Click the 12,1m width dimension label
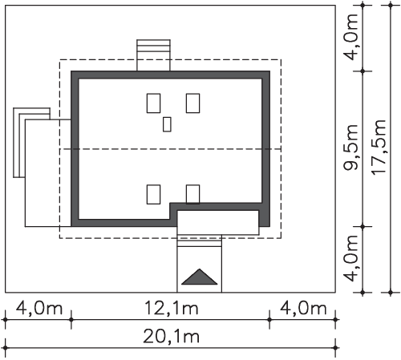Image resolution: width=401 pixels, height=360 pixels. point(172,308)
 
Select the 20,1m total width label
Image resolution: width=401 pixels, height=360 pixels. point(172,336)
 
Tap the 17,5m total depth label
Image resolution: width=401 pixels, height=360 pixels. point(379,148)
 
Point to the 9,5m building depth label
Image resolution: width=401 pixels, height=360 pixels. point(350,148)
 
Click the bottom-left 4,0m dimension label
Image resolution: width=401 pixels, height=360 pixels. point(39,308)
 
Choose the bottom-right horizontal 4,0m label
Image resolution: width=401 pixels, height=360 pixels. point(303,308)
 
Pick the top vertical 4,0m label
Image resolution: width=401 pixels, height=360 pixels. point(350,37)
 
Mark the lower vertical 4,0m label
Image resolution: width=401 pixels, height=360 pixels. point(350,258)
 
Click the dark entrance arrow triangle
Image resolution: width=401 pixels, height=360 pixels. point(200,277)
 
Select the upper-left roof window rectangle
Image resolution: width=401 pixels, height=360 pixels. point(153,103)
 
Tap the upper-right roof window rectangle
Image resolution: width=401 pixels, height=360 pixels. point(192,103)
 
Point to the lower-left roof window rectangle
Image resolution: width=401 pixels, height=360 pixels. point(153,194)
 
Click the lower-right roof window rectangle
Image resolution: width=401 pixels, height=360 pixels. point(192,194)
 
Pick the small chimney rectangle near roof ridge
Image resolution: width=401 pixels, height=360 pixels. point(167,124)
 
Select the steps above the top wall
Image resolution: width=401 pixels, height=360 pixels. point(153,55)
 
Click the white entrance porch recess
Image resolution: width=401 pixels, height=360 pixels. point(218,223)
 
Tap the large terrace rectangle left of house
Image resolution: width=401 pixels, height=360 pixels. point(48,173)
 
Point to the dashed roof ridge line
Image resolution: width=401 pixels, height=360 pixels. point(170,149)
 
